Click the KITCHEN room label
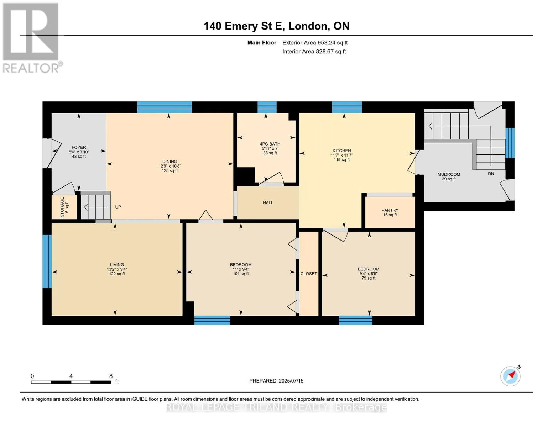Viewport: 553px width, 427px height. (341, 151)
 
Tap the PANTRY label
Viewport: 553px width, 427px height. (390, 210)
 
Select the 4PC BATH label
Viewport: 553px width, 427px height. (270, 144)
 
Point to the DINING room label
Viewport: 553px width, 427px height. (170, 162)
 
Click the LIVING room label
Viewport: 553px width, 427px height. (117, 265)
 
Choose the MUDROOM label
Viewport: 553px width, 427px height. (449, 174)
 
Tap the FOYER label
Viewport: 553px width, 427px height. (79, 148)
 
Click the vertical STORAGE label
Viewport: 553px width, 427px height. (62, 207)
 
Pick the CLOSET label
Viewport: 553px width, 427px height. (309, 274)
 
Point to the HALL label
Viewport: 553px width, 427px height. (268, 203)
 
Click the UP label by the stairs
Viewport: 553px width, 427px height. (118, 207)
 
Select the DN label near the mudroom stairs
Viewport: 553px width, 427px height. (491, 174)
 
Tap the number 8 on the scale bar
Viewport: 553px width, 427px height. (111, 376)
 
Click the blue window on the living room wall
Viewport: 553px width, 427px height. (47, 262)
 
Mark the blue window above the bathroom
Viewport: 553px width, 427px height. (267, 107)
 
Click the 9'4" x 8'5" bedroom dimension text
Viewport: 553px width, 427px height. (369, 274)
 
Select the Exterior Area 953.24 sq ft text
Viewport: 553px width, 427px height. (315, 43)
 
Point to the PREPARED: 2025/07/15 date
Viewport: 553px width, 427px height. (276, 381)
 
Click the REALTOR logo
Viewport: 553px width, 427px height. (32, 38)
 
